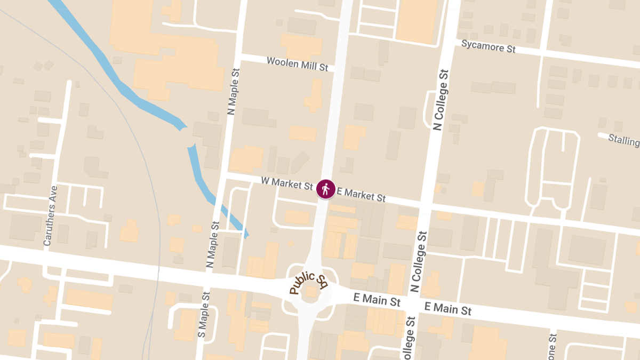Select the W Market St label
287,183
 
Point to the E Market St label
361,194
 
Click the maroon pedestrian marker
325,189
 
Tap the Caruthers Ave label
49,215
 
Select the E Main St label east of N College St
448,308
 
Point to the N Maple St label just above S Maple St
212,245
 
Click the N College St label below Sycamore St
440,100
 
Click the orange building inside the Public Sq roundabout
311,291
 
